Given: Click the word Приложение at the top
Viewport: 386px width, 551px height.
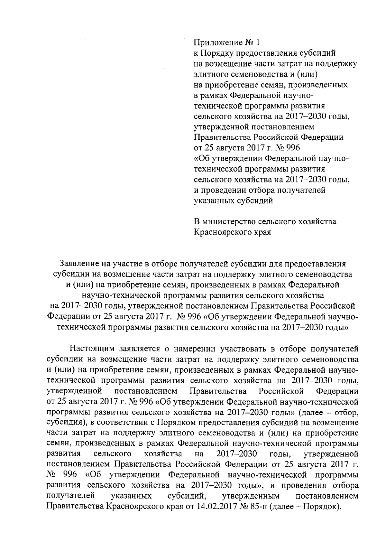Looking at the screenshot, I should coord(215,42).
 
